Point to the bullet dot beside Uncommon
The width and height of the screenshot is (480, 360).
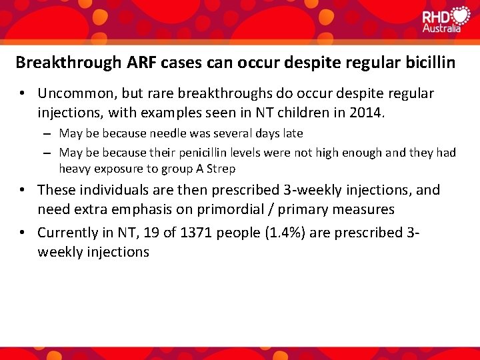(23, 93)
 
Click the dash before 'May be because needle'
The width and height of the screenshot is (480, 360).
(49, 134)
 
